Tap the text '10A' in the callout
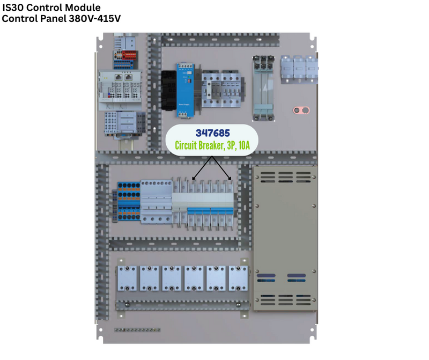[x=246, y=145]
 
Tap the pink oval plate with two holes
[x=302, y=111]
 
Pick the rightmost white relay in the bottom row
[x=238, y=278]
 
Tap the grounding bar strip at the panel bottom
[x=137, y=328]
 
